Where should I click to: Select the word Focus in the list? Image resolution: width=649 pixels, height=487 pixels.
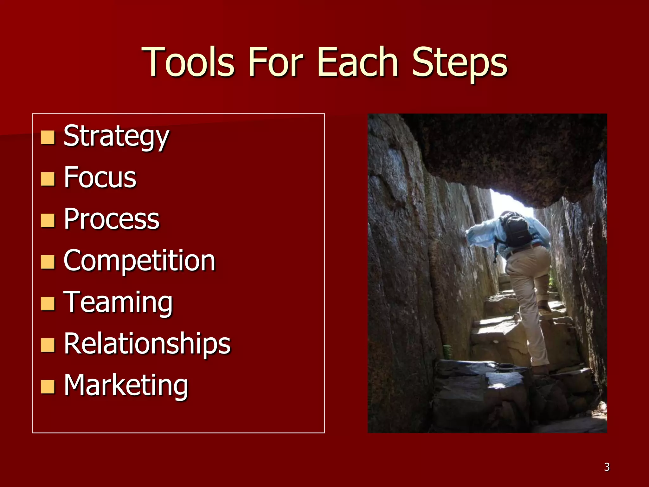point(100,178)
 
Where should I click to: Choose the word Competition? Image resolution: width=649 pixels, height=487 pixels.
point(139,261)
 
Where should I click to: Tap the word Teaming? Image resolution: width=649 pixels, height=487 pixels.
point(118,302)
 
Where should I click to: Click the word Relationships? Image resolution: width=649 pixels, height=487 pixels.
point(147,344)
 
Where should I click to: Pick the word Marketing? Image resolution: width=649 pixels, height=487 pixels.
point(126,386)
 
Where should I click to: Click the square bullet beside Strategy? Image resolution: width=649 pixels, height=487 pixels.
point(48,138)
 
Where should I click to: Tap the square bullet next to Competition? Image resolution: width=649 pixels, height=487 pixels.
point(48,262)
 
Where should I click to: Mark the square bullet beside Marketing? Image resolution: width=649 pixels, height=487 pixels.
point(48,387)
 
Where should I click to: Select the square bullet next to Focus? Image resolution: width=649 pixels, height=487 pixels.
point(48,179)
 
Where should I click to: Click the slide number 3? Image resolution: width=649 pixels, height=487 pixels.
point(607,467)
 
